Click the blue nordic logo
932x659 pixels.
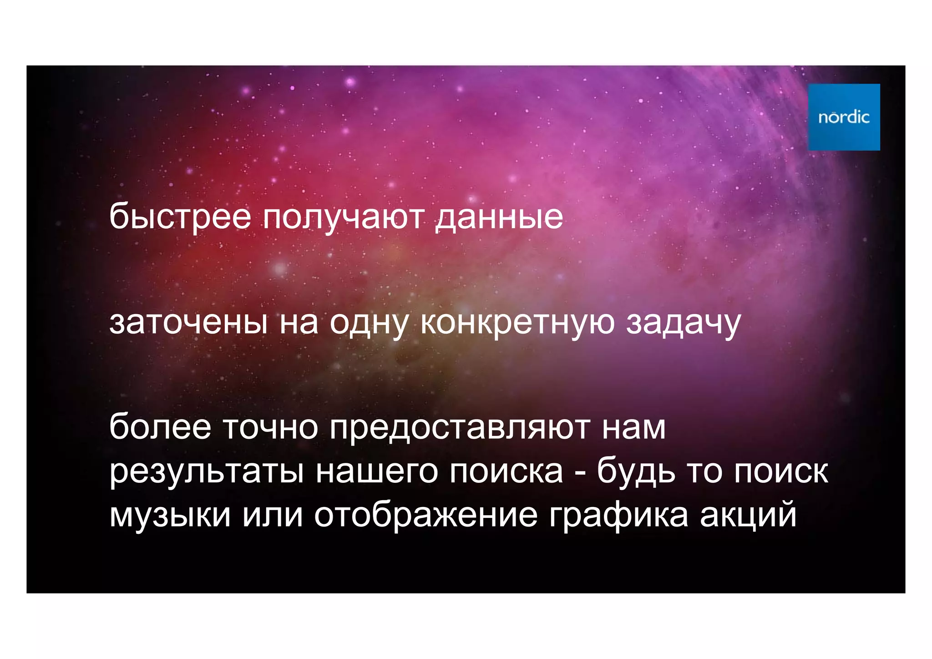pyautogui.click(x=844, y=117)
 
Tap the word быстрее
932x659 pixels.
pyautogui.click(x=180, y=218)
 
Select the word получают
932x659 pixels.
pyautogui.click(x=344, y=218)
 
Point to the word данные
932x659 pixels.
pyautogui.click(x=500, y=218)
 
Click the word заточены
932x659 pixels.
pyautogui.click(x=188, y=323)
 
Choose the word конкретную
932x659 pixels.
pyautogui.click(x=517, y=323)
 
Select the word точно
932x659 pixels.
pyautogui.click(x=270, y=428)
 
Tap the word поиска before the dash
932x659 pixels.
pyautogui.click(x=506, y=471)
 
